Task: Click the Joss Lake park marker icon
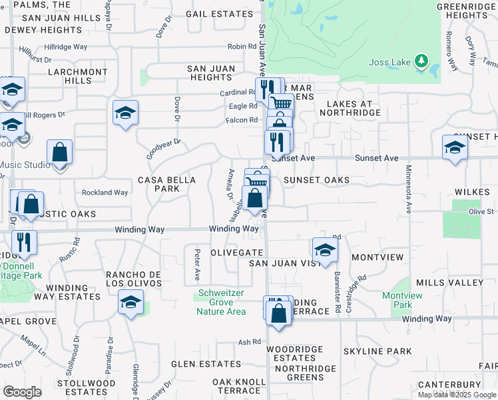click(421, 62)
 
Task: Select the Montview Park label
click(397, 300)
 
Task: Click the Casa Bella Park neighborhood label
click(166, 184)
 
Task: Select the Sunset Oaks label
click(316, 181)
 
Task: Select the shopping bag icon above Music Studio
click(60, 152)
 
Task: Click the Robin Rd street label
click(242, 47)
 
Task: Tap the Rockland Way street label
click(105, 193)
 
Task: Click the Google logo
click(22, 392)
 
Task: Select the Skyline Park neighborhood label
click(378, 351)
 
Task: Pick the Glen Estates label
click(196, 364)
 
